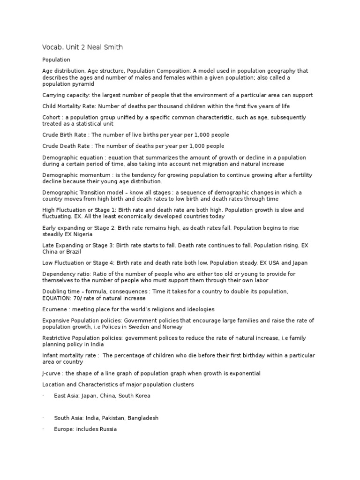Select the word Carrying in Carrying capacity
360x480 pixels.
(53, 95)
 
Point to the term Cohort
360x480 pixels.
(51, 117)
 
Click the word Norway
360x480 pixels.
(172, 327)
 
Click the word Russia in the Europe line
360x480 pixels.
(108, 429)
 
